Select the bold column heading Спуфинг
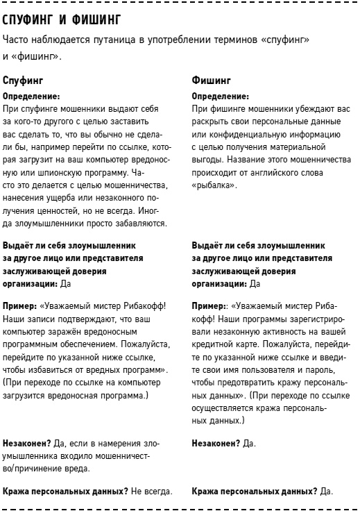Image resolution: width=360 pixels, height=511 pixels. point(24,81)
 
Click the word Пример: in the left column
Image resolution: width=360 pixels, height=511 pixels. point(20,304)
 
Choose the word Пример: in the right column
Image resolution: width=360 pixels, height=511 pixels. point(209,304)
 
